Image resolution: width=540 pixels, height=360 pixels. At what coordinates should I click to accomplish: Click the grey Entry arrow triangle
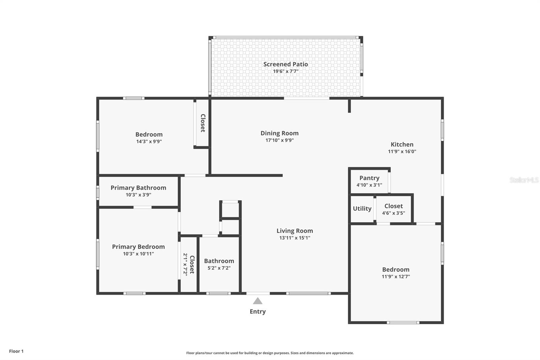(258, 301)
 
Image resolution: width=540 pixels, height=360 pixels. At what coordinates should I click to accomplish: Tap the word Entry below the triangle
(258, 311)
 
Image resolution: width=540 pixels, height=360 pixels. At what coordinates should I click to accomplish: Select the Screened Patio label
(286, 64)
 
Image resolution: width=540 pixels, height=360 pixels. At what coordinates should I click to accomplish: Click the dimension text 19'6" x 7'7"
(286, 71)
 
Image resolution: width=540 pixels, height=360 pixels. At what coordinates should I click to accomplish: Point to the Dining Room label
(279, 133)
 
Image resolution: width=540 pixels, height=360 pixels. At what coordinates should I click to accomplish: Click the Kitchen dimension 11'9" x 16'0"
(402, 152)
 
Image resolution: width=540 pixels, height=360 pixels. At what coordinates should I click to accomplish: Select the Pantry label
(369, 178)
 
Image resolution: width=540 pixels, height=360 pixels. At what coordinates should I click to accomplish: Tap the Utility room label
(362, 209)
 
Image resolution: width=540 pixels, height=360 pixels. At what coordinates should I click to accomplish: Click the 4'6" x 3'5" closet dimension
(394, 213)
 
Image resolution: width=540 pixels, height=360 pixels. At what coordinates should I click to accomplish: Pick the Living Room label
(295, 231)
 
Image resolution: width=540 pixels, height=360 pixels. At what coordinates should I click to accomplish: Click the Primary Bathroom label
(138, 188)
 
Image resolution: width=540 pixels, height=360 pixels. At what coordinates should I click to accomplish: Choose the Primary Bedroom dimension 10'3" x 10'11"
(138, 254)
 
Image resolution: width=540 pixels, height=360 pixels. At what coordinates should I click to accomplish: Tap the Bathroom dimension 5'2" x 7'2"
(219, 268)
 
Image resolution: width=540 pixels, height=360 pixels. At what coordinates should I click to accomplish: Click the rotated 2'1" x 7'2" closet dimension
(185, 264)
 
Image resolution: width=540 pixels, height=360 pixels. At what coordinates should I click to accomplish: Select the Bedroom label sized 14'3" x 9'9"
(149, 134)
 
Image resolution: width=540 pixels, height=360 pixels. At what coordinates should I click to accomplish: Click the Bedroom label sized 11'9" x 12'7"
(396, 269)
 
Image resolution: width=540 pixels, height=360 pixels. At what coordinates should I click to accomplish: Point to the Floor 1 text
(16, 351)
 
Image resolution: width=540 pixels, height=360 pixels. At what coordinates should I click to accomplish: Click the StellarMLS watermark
(524, 180)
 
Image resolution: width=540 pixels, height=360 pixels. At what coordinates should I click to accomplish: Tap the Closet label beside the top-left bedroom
(202, 123)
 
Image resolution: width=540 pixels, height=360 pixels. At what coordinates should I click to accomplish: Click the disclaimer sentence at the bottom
(270, 353)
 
